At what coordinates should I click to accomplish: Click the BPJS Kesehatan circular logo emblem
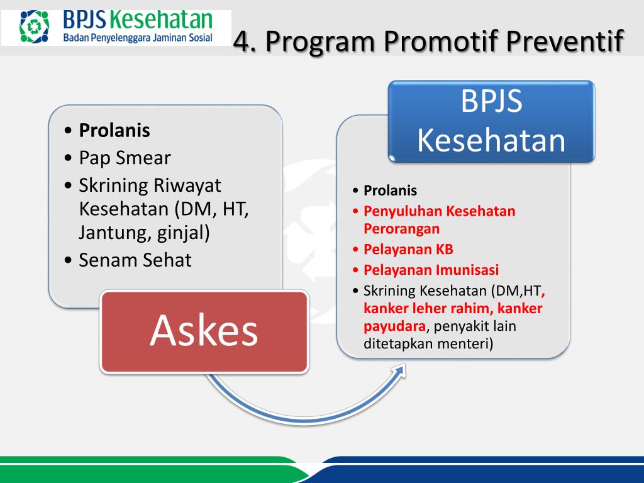[34, 26]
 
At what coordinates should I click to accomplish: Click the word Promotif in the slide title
[440, 41]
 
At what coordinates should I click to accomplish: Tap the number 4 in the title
[242, 42]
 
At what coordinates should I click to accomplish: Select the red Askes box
[204, 331]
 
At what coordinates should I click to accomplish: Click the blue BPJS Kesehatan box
[491, 121]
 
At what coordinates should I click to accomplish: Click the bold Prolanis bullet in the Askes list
[114, 130]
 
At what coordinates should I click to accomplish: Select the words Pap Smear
[125, 158]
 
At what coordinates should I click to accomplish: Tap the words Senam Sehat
[135, 260]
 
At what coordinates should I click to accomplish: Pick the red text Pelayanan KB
[408, 249]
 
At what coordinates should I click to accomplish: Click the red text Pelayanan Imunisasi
[431, 270]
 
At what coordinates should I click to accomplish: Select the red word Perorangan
[402, 229]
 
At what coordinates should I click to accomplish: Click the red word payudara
[394, 326]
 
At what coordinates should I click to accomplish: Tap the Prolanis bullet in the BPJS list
[390, 191]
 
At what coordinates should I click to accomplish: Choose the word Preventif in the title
[565, 41]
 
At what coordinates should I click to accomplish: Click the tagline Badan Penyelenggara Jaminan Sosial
[138, 38]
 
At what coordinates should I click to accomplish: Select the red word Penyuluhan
[402, 211]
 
